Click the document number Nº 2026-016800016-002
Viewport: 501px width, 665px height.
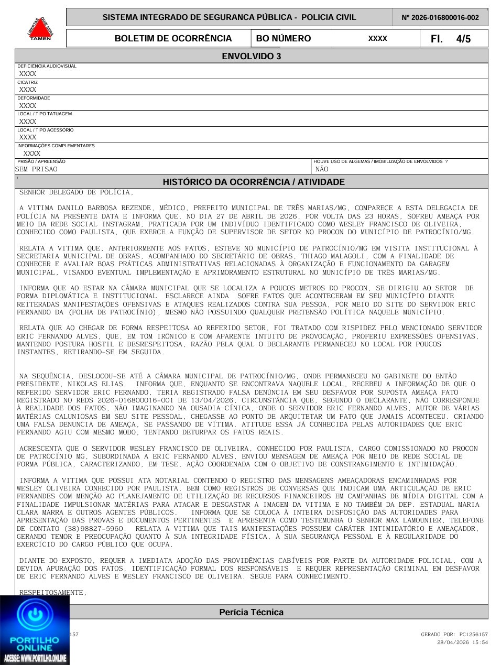(x=440, y=17)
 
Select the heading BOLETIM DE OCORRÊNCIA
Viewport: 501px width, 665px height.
(x=173, y=39)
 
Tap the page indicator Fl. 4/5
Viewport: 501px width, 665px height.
(x=450, y=39)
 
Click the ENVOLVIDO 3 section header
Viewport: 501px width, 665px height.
(x=251, y=56)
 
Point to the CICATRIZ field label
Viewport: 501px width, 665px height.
(x=27, y=82)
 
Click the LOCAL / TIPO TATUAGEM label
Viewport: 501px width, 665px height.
(x=45, y=114)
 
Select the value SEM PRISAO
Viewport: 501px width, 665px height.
(x=37, y=169)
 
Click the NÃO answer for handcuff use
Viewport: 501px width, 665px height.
(x=322, y=169)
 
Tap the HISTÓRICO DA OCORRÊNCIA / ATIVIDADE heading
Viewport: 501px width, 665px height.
(x=254, y=182)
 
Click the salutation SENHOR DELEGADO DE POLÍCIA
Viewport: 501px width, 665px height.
(x=77, y=192)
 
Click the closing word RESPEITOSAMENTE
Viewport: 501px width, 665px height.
(x=52, y=592)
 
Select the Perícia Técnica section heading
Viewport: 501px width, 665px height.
(x=251, y=612)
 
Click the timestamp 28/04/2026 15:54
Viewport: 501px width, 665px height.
(x=462, y=642)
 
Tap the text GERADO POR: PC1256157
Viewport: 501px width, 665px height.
(x=454, y=635)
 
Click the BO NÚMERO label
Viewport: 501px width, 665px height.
(x=283, y=39)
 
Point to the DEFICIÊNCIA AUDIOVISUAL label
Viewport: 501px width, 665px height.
(x=47, y=66)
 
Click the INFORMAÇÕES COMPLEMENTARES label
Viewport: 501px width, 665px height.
(x=56, y=146)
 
